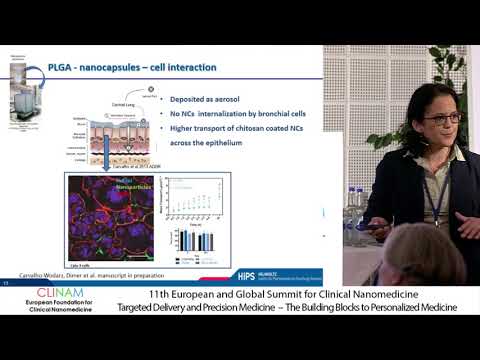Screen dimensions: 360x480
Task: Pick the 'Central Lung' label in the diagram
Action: tap(137, 101)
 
